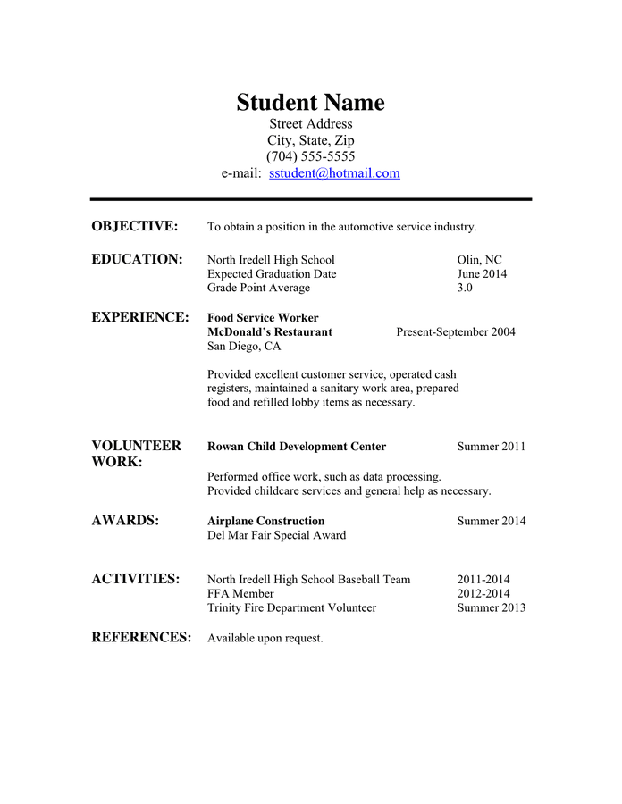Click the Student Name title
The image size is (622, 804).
click(310, 103)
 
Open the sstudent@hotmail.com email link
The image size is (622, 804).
click(334, 173)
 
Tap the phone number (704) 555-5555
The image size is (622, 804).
click(310, 156)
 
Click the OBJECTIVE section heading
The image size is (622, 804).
click(135, 226)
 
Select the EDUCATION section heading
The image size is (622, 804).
click(137, 259)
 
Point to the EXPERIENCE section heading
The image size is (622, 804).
click(140, 317)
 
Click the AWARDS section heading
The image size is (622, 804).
click(125, 521)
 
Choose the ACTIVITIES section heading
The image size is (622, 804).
click(136, 579)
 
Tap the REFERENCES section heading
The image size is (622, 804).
click(141, 637)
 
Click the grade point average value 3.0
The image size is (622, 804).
click(465, 288)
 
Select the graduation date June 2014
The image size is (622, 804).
click(482, 273)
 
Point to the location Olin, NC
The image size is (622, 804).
click(480, 260)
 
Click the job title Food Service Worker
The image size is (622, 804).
click(263, 318)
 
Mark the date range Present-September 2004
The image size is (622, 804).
click(456, 332)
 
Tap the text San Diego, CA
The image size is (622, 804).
click(244, 347)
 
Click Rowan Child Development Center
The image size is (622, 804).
click(297, 447)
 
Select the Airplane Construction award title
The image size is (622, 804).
click(265, 521)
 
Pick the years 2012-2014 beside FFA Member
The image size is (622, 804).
click(483, 593)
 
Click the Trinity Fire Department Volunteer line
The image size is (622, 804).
click(291, 607)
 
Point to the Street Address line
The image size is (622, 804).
click(310, 123)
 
